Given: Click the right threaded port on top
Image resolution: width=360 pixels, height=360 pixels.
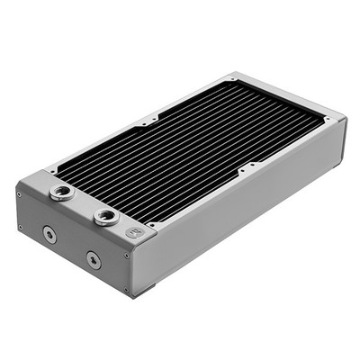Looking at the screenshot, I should point(106,216).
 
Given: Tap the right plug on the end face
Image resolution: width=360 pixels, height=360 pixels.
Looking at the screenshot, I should point(93,260).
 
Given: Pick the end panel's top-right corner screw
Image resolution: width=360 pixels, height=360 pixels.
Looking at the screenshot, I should point(127,255).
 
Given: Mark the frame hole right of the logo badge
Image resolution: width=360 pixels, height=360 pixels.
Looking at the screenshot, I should point(153,225).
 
